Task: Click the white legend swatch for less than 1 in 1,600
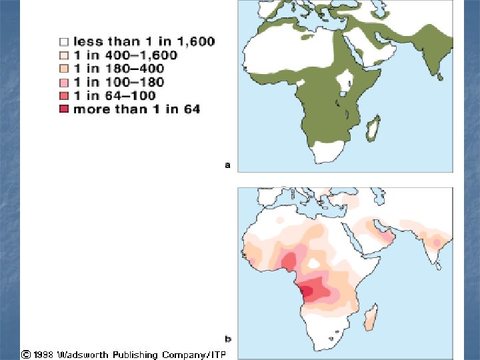[64, 41]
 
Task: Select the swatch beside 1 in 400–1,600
[64, 55]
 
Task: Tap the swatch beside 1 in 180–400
[64, 69]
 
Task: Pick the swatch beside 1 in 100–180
[64, 82]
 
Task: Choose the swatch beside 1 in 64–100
[64, 95]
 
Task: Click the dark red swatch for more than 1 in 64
[64, 109]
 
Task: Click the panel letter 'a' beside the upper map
[227, 165]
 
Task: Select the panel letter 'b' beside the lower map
[228, 339]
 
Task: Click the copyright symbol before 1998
[26, 355]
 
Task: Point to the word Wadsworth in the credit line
[83, 355]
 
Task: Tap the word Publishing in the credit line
[136, 355]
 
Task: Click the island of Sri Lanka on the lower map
[439, 265]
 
